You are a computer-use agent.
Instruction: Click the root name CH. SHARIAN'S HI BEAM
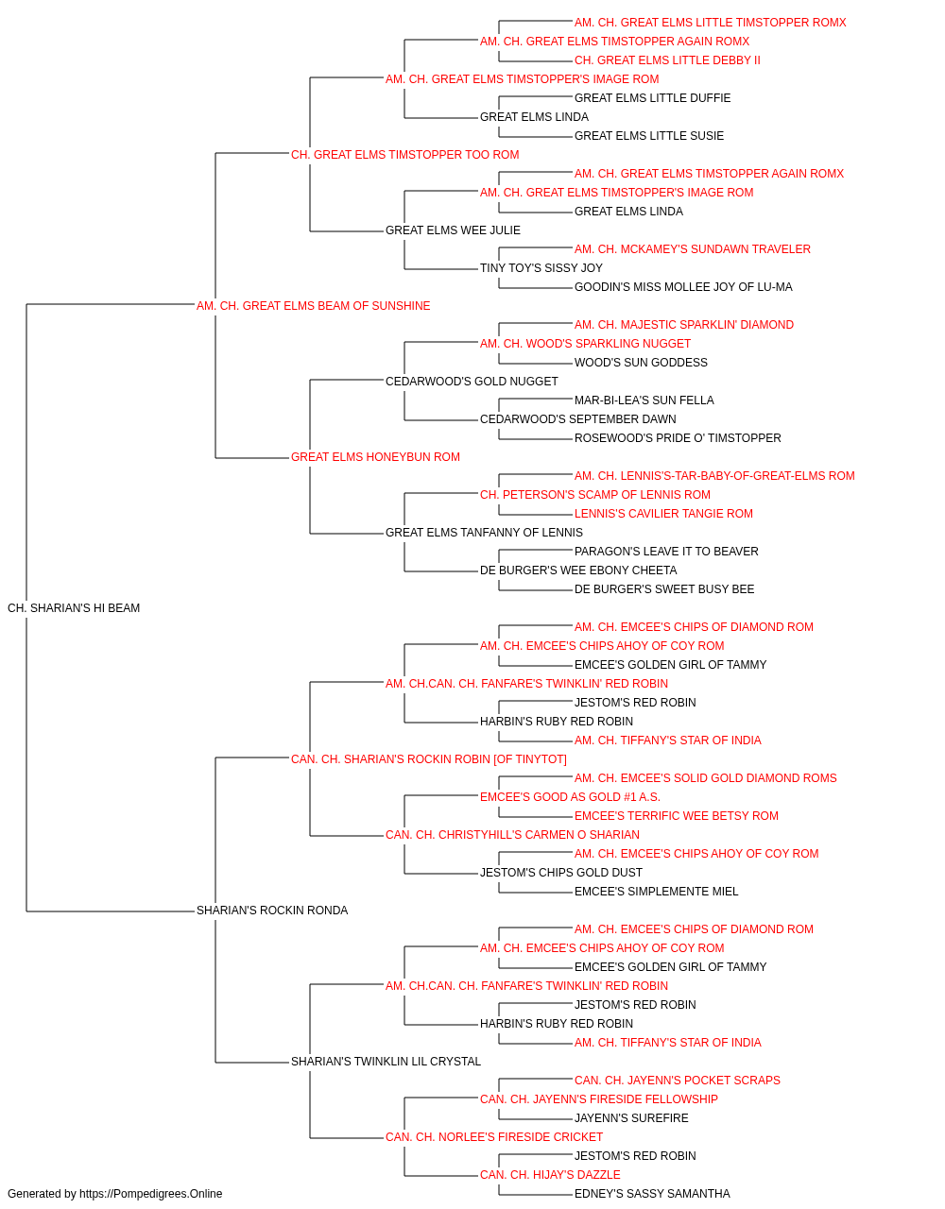tap(74, 608)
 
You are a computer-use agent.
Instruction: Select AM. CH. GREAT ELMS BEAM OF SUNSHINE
tap(314, 306)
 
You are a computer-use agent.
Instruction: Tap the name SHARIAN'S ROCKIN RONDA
tap(272, 911)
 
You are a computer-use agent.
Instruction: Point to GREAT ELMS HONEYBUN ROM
tap(376, 457)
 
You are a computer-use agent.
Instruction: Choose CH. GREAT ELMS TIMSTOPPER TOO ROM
tap(405, 155)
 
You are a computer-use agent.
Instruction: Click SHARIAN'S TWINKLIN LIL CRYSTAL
tap(386, 1062)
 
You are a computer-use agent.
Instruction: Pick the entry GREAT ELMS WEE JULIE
tap(453, 230)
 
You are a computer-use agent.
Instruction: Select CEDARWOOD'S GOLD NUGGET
tap(472, 381)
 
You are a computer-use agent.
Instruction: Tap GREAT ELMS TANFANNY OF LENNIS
tap(484, 533)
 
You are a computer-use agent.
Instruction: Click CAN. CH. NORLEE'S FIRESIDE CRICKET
tap(494, 1136)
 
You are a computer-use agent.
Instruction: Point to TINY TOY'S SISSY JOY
tap(541, 268)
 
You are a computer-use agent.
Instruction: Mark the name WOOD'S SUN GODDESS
tap(641, 363)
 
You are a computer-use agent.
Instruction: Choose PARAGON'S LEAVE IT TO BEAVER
tap(666, 552)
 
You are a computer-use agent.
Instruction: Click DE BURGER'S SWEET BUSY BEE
tap(664, 589)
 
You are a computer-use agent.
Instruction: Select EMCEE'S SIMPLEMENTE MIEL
tap(656, 892)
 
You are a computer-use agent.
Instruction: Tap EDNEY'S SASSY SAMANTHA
tap(652, 1194)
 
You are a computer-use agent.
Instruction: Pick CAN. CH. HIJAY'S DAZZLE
tap(550, 1174)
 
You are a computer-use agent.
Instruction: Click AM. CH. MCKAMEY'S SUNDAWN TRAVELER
tap(693, 249)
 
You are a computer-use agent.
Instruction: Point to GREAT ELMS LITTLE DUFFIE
tap(652, 98)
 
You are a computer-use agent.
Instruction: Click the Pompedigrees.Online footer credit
tap(114, 1194)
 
